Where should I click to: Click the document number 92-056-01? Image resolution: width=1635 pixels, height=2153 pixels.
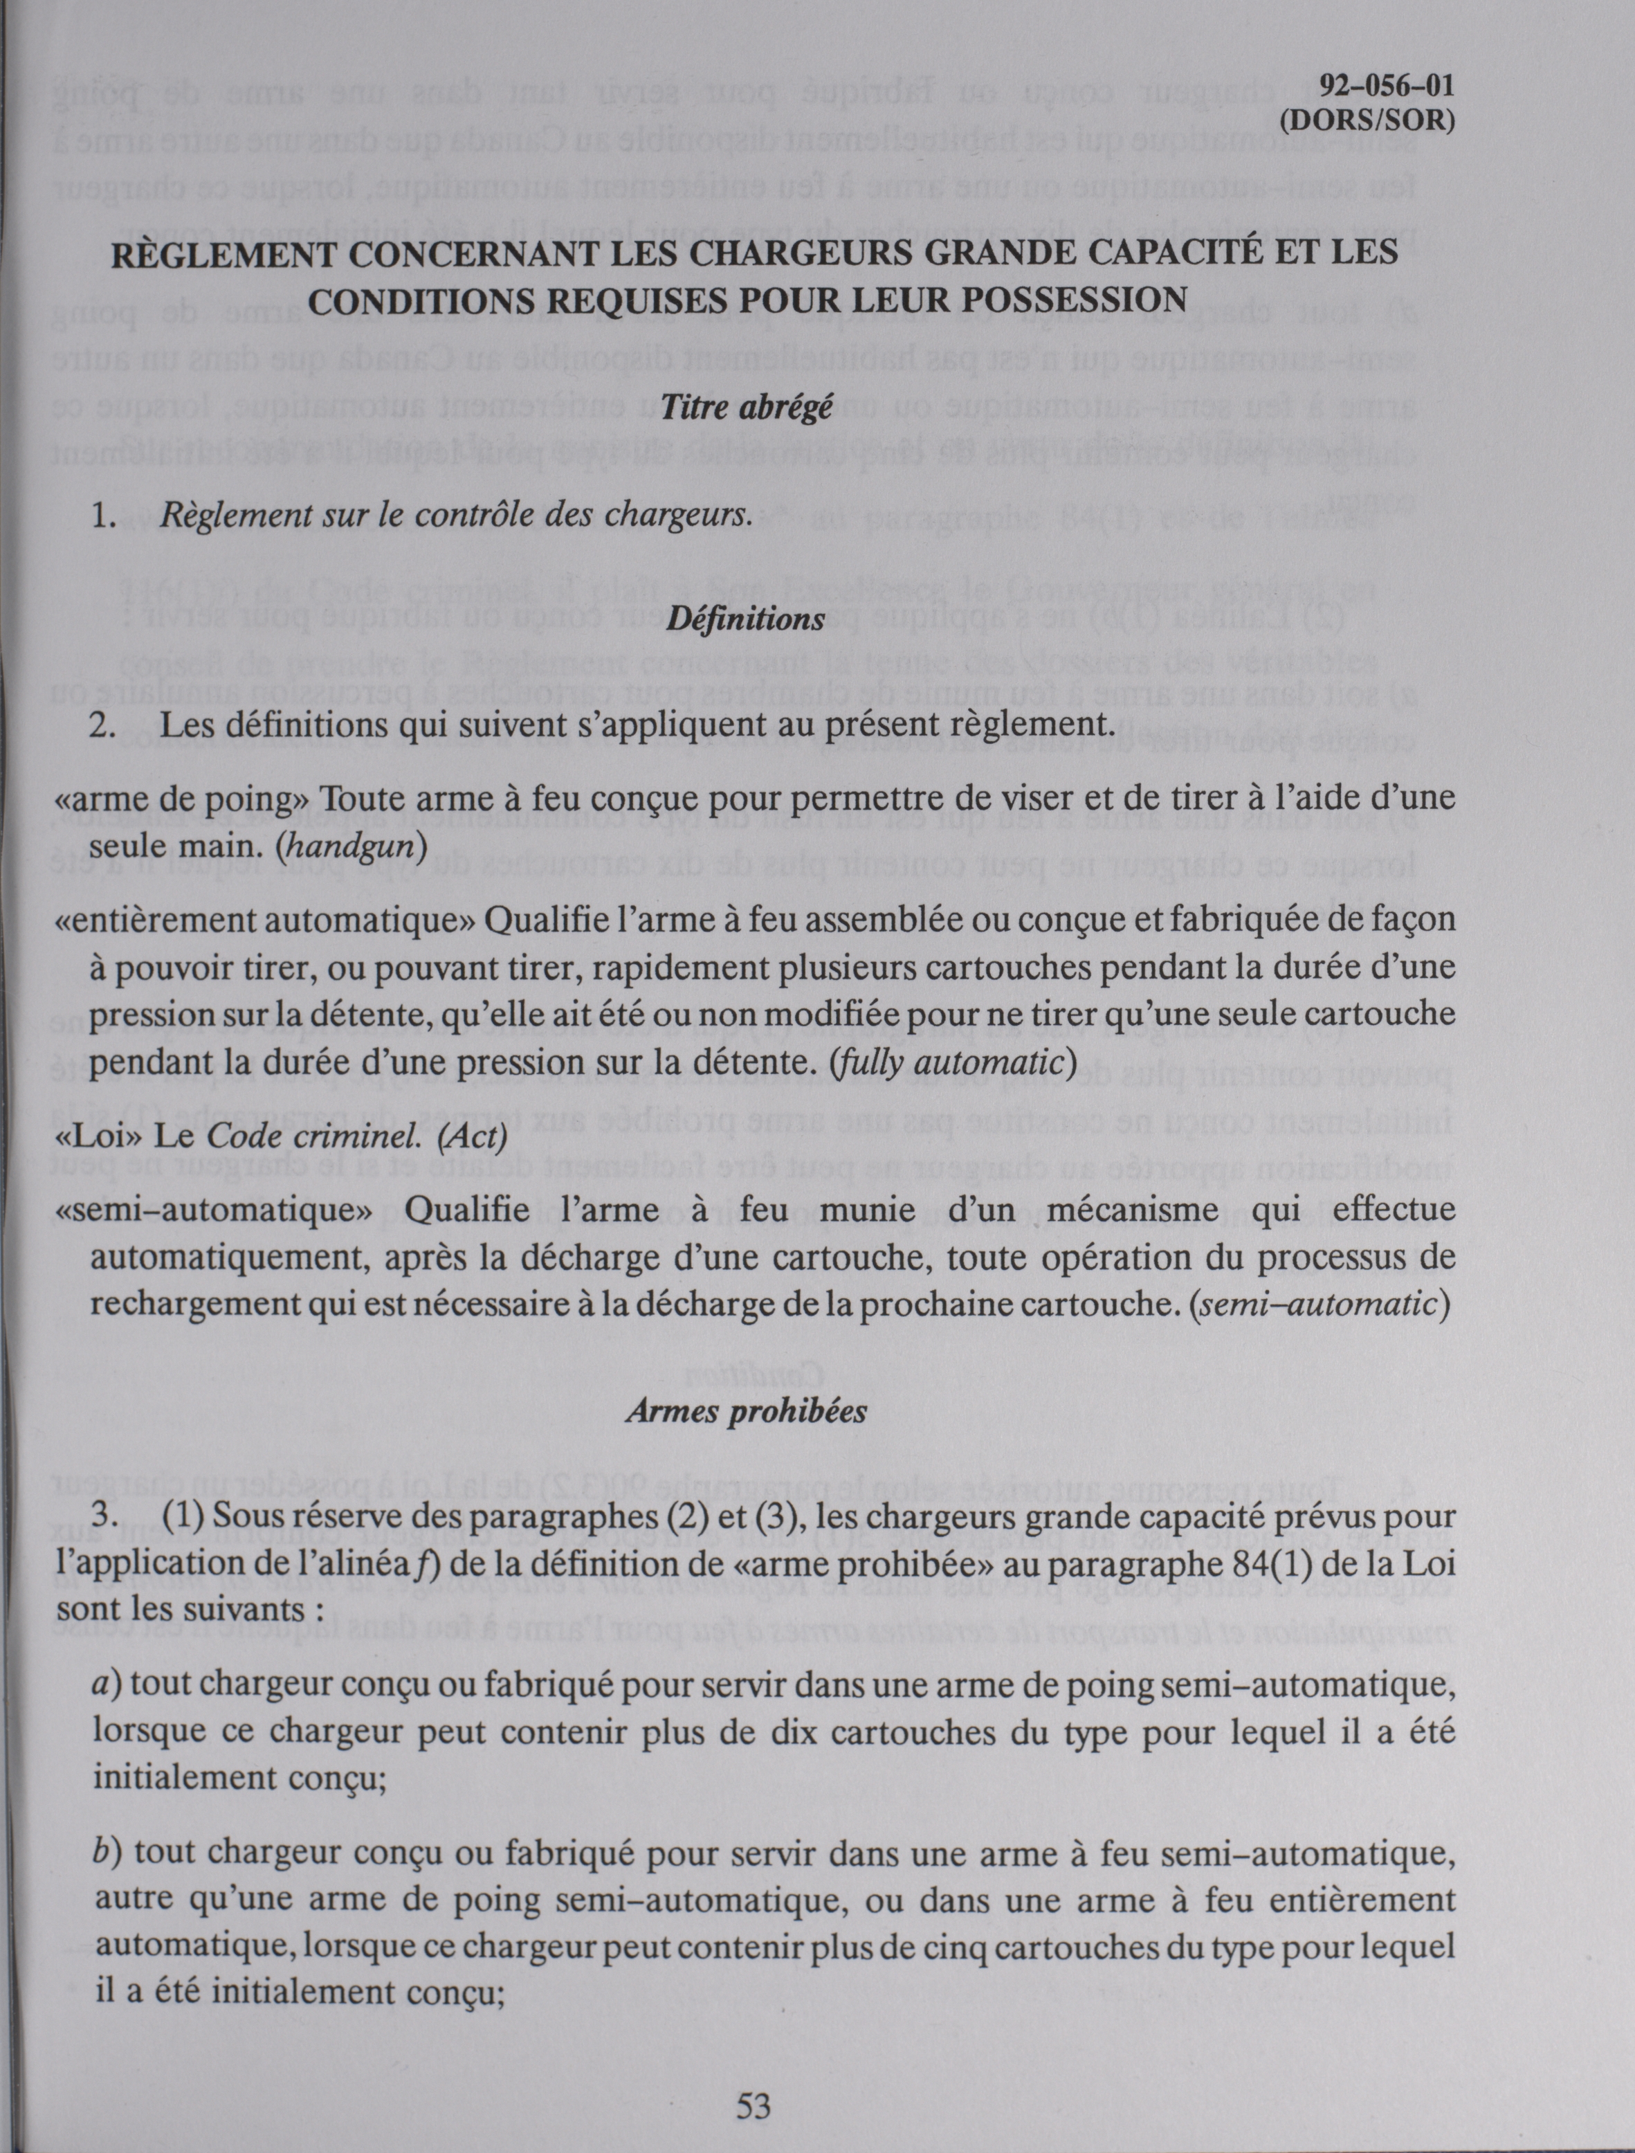point(1387,86)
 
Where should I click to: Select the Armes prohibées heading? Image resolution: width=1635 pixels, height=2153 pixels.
point(745,1410)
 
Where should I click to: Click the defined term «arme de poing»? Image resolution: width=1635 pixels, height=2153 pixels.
point(184,799)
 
